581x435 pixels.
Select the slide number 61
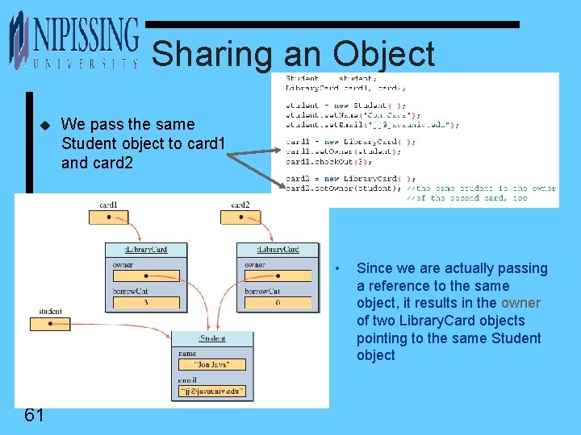click(x=34, y=415)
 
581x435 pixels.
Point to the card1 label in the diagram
click(x=108, y=205)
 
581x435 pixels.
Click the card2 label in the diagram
click(x=240, y=205)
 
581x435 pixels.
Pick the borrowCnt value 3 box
click(x=144, y=303)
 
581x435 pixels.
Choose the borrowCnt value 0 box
click(x=277, y=303)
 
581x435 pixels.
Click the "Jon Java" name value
click(x=211, y=365)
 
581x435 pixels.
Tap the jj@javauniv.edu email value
click(x=211, y=392)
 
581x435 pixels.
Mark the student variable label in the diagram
click(x=50, y=311)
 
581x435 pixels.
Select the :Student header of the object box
click(x=211, y=338)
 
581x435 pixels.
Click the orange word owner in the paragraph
click(x=520, y=303)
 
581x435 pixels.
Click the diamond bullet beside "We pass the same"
click(x=45, y=125)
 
